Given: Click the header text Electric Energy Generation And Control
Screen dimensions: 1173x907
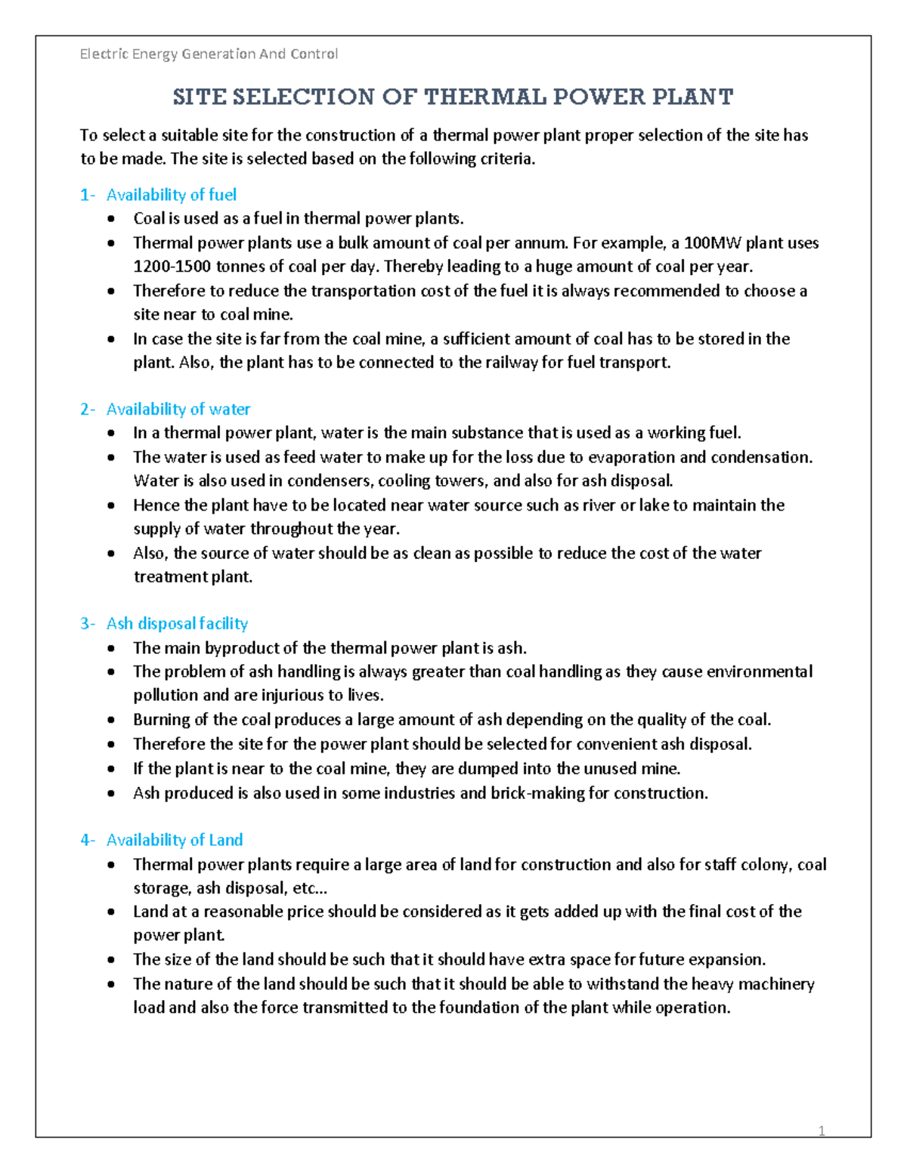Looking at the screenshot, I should (209, 54).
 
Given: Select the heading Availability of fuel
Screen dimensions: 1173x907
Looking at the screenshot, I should (171, 195).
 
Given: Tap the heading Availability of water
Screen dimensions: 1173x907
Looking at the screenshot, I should (178, 409).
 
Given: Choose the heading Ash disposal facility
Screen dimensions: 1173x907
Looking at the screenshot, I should (177, 624).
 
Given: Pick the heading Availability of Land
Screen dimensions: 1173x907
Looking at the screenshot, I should (175, 841).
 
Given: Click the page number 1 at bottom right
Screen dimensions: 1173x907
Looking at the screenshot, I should (822, 1131).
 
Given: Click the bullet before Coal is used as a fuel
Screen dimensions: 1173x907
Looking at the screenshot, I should (112, 219).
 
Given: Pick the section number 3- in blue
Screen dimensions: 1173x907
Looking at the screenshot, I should (88, 624).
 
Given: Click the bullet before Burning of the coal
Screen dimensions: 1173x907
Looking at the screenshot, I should (112, 720).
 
